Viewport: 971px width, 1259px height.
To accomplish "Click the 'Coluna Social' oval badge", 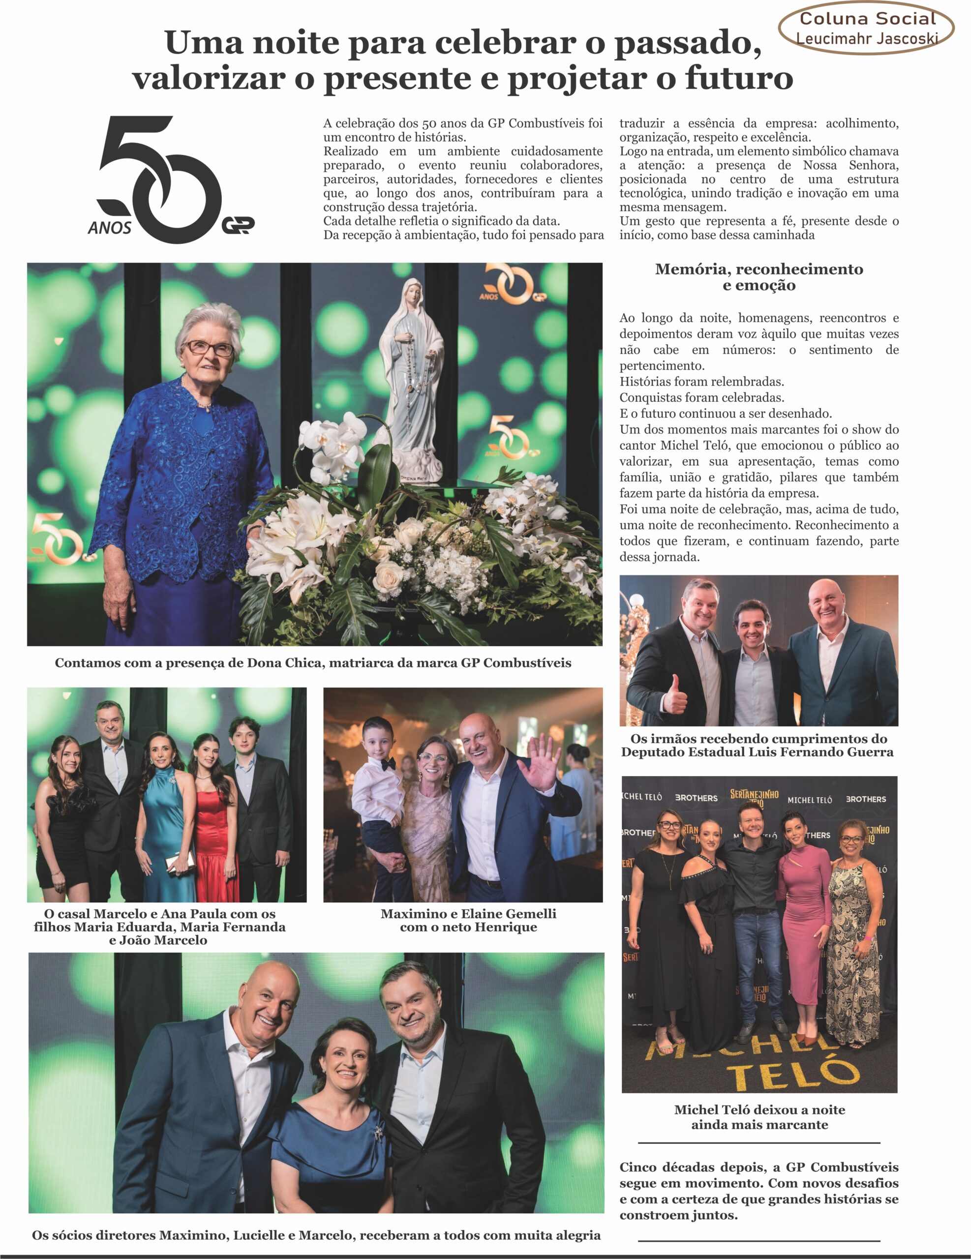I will pyautogui.click(x=866, y=28).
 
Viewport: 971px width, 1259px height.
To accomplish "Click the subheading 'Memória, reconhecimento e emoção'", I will pyautogui.click(x=759, y=277).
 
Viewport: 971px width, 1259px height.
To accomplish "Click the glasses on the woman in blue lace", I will pyautogui.click(x=208, y=348).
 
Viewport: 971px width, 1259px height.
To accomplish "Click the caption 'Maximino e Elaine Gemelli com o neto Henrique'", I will pyautogui.click(x=468, y=920).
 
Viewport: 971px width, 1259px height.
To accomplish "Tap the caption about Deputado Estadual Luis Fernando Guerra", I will pyautogui.click(x=758, y=746).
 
